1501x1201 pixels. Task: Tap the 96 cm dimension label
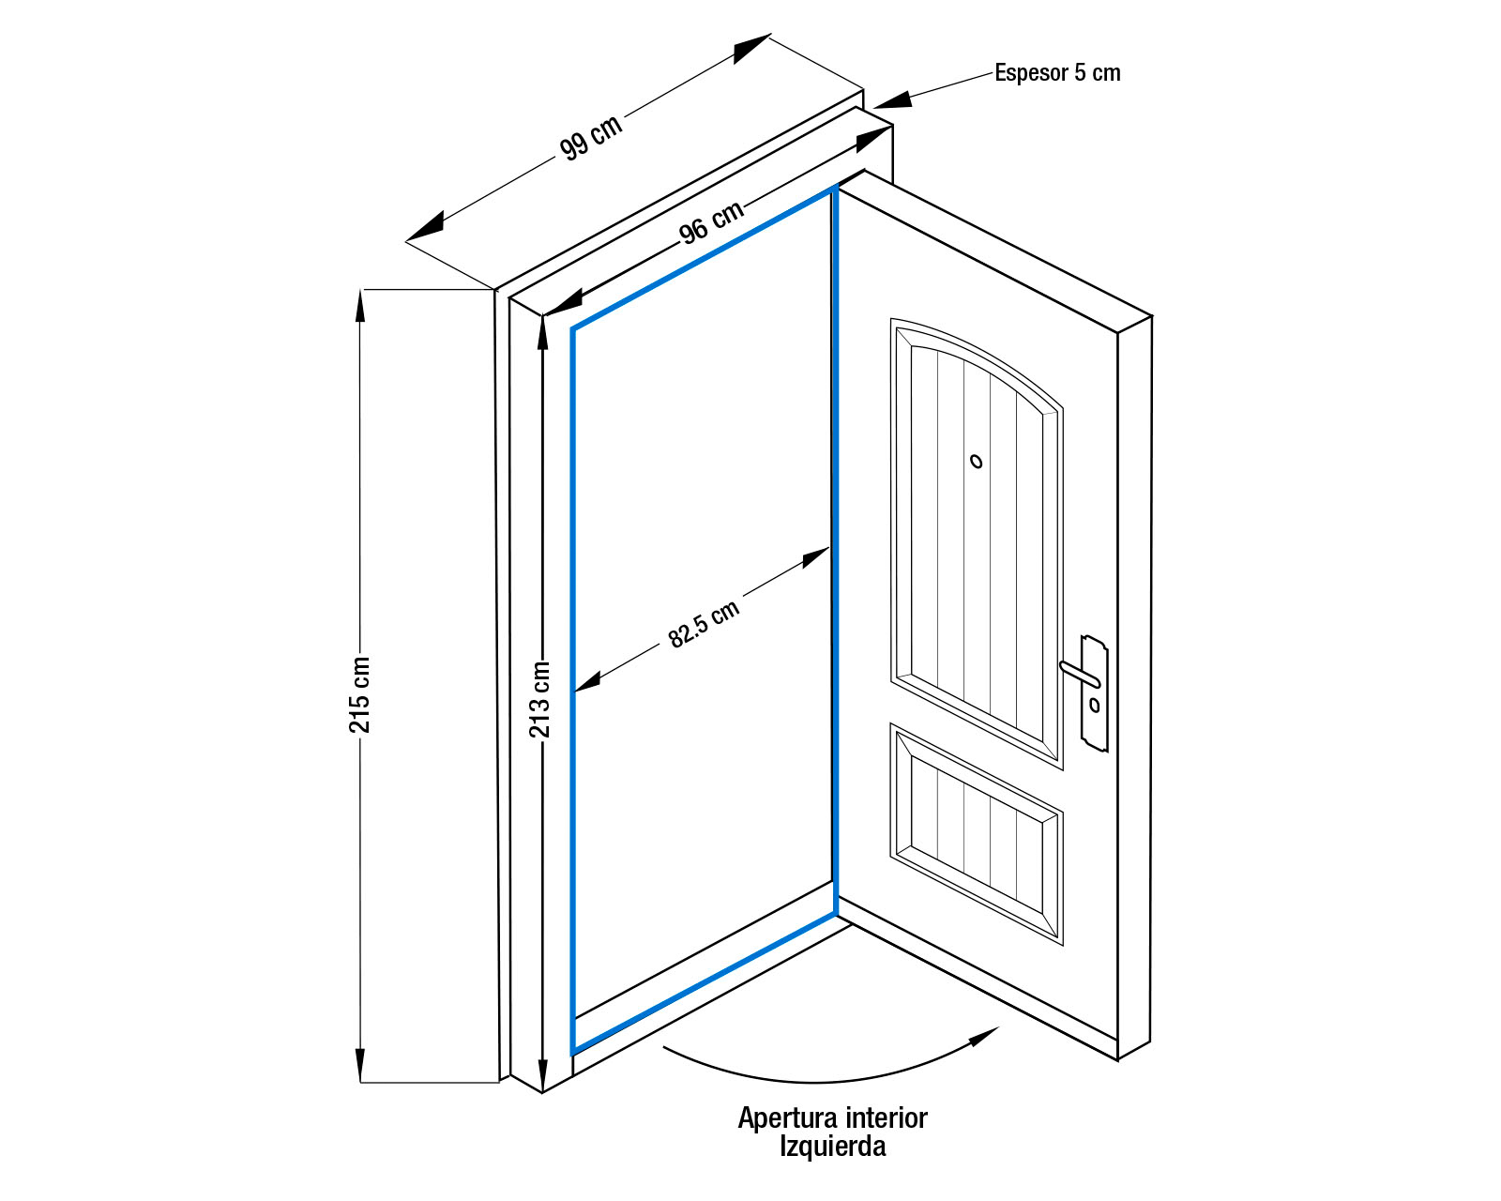[711, 222]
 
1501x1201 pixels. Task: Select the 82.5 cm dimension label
[704, 624]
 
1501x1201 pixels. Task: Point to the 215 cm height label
[359, 694]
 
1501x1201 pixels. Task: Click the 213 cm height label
[540, 699]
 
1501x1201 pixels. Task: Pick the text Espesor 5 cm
[1057, 73]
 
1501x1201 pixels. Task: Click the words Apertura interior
[832, 1117]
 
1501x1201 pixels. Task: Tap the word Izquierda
[832, 1146]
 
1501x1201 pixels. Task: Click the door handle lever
[1079, 672]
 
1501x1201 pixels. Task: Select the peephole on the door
[977, 461]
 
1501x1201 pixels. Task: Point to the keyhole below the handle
[1095, 705]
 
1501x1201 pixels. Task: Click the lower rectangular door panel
[977, 833]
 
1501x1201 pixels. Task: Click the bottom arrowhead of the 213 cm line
[542, 1074]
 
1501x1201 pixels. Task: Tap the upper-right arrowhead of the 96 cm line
[874, 140]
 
